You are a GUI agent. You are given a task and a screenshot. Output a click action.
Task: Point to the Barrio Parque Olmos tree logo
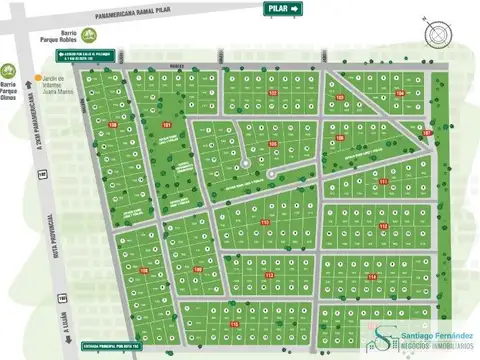pos(8,70)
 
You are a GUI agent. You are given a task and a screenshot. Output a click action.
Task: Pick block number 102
pos(272,93)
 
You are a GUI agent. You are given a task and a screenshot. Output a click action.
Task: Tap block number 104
pos(400,94)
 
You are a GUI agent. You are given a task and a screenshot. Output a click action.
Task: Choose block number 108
pos(143,270)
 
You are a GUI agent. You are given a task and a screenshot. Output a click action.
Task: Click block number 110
pos(265,221)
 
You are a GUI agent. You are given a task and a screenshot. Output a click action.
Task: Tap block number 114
pos(371,276)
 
